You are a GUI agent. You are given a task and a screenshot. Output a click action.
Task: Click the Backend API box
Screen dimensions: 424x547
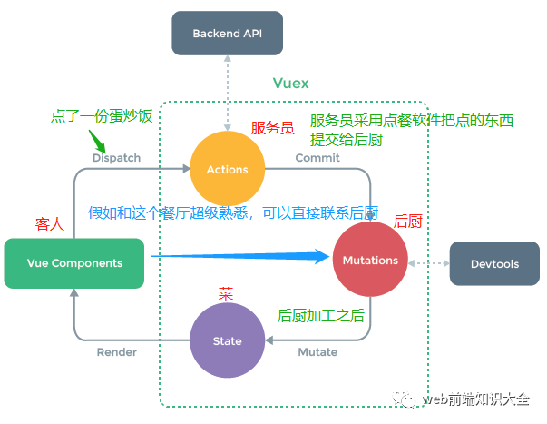pos(228,34)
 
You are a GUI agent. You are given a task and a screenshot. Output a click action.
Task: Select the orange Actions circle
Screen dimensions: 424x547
pos(227,169)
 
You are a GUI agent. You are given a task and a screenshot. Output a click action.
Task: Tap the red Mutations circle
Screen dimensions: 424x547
pos(370,261)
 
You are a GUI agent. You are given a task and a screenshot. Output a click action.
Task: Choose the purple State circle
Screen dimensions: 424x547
pos(227,340)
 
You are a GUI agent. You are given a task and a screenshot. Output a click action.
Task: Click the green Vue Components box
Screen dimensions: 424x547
pos(74,263)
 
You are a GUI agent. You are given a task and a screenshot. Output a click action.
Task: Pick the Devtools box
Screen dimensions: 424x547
pos(495,264)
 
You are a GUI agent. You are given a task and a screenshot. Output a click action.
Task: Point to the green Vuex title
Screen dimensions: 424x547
pos(291,84)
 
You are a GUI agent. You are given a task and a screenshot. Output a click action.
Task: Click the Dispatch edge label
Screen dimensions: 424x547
pos(117,158)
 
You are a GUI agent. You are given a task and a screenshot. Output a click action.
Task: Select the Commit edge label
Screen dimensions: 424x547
pos(317,158)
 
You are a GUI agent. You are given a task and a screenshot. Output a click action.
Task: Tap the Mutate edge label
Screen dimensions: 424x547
pos(317,352)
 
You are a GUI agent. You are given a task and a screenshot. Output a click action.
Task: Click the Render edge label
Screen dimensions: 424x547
pos(117,352)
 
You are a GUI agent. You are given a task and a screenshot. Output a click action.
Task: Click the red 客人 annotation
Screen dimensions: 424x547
pos(49,222)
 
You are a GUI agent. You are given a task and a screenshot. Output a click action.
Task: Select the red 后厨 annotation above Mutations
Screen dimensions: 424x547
pos(408,221)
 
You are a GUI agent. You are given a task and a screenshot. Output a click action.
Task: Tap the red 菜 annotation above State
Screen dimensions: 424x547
pos(226,294)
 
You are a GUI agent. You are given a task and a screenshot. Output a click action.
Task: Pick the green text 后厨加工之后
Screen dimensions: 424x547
pos(320,315)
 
